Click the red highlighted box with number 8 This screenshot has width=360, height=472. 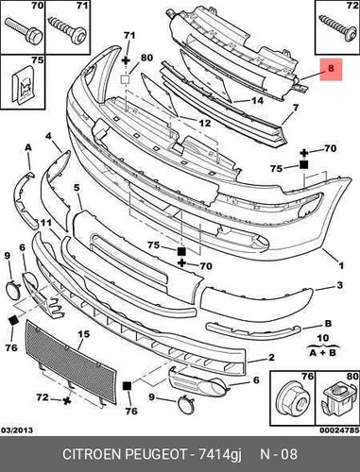(331, 69)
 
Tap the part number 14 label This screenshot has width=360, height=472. (257, 100)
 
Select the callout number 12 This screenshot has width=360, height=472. (205, 123)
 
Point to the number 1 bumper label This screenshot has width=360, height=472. (341, 266)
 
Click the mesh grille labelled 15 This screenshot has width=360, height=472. (71, 362)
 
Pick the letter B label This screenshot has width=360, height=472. (328, 324)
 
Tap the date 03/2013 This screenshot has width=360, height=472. (17, 430)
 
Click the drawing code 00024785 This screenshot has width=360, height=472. (339, 430)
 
